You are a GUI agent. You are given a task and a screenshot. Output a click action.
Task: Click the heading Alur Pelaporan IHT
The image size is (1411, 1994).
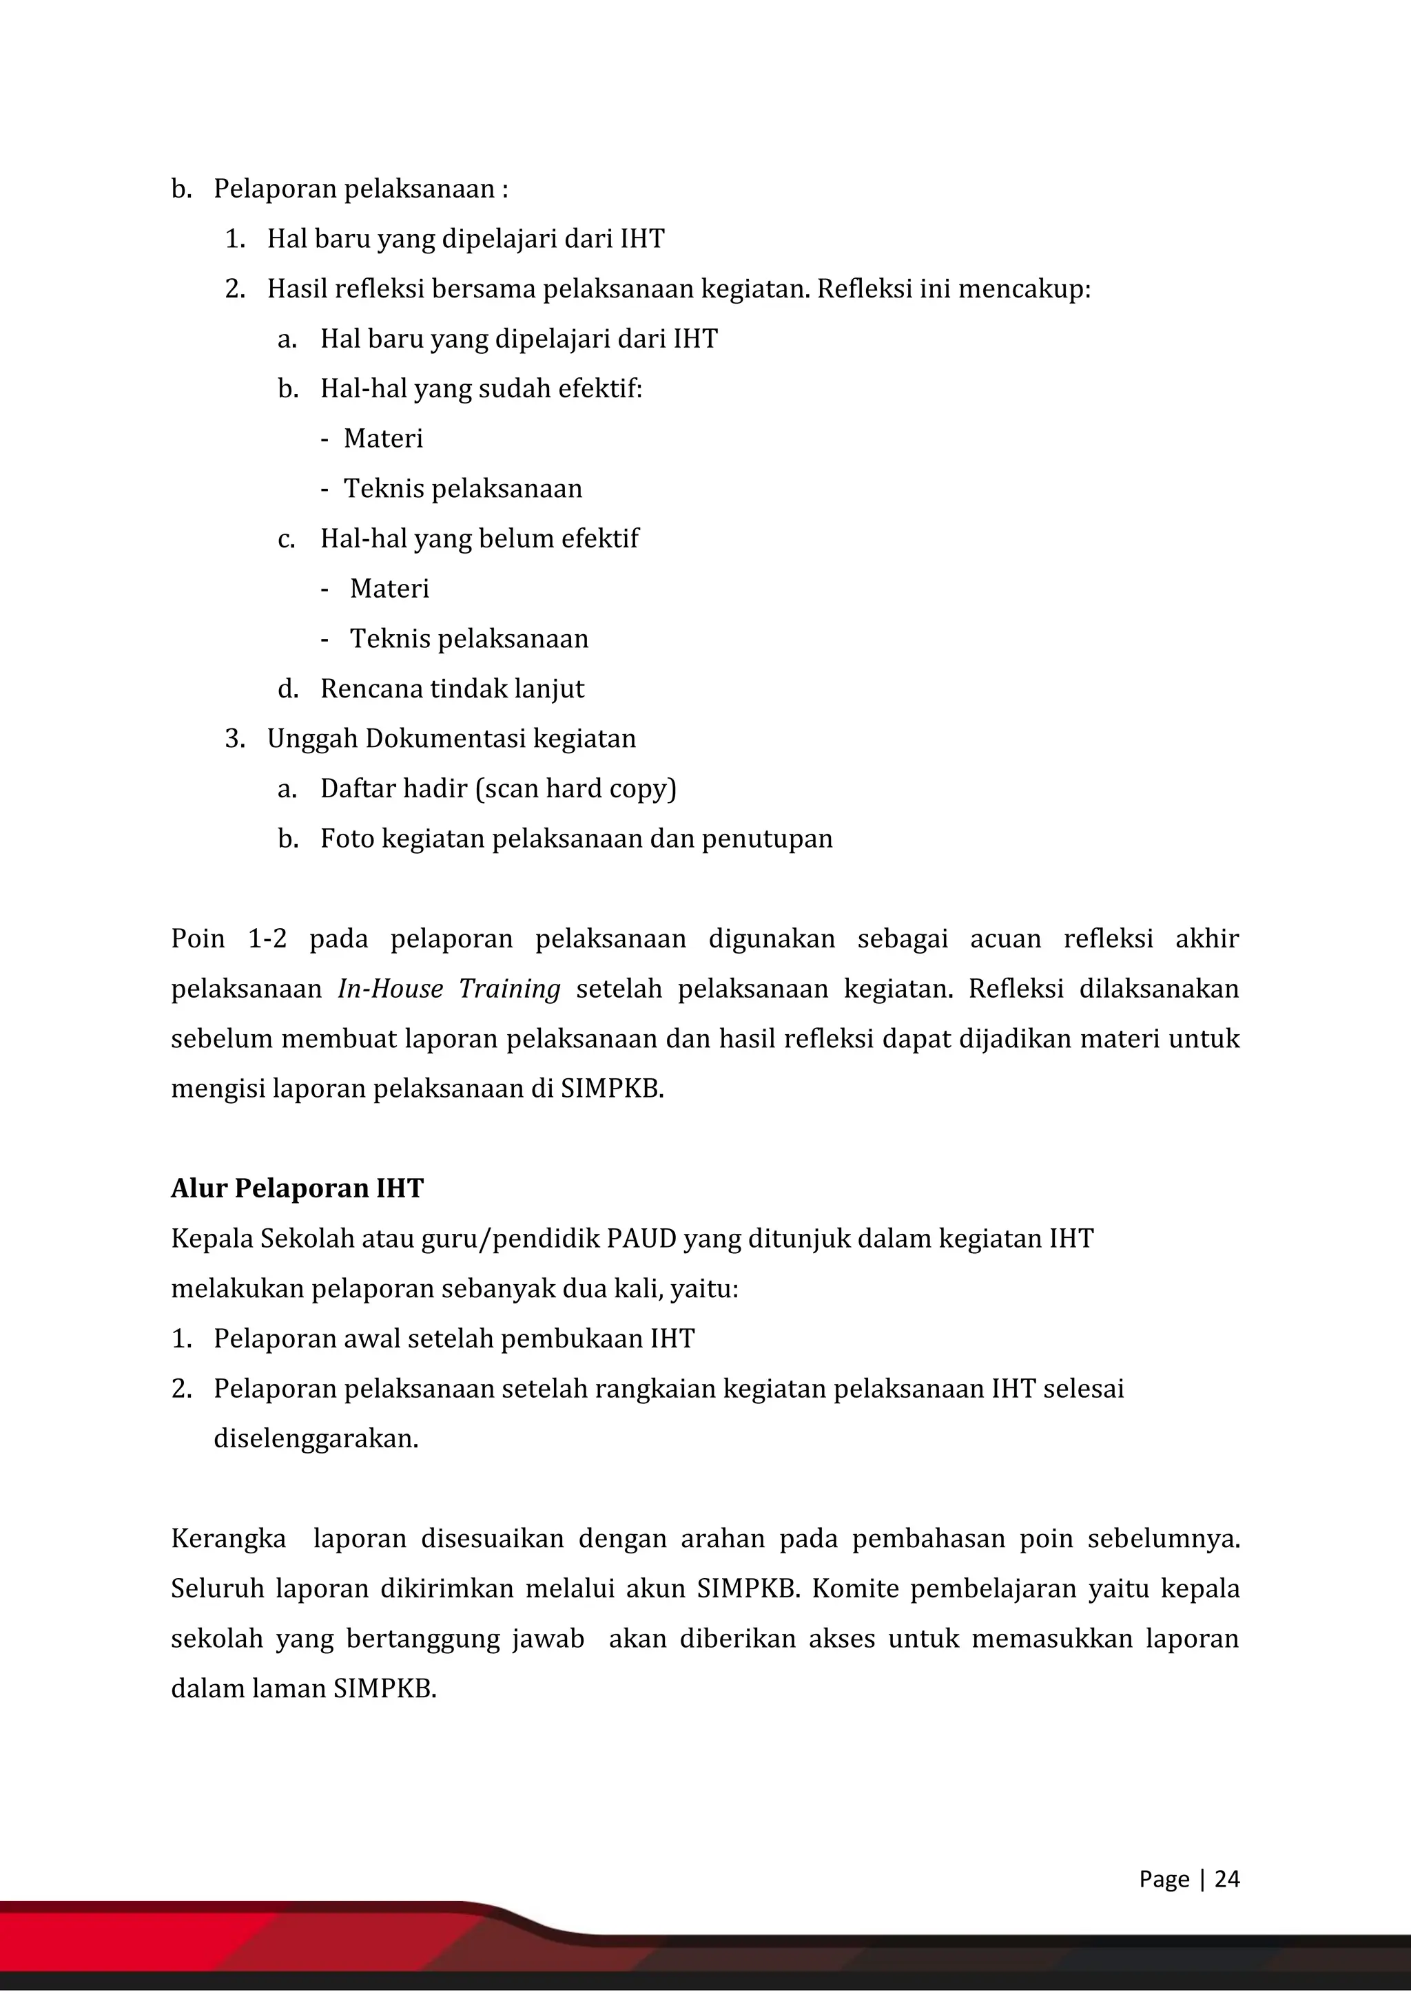point(296,1188)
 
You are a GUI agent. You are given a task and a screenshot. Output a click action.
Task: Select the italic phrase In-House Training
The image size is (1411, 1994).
point(449,989)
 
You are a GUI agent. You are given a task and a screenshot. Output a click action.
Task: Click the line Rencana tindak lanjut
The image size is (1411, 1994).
point(452,689)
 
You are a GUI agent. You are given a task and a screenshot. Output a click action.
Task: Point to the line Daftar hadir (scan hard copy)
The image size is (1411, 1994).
point(498,788)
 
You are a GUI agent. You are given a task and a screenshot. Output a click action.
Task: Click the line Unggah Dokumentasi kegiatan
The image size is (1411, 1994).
point(451,739)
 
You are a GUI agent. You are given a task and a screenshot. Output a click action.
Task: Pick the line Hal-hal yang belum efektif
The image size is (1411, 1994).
point(479,538)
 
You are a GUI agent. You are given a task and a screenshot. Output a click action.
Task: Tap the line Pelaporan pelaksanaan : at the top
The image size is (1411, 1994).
point(360,189)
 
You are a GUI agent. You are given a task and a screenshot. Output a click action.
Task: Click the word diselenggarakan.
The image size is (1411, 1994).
point(316,1439)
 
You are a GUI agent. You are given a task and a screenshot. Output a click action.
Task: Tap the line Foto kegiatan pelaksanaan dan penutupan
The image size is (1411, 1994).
point(576,839)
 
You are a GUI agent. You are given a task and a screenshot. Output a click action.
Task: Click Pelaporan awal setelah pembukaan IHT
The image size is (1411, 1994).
point(453,1339)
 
